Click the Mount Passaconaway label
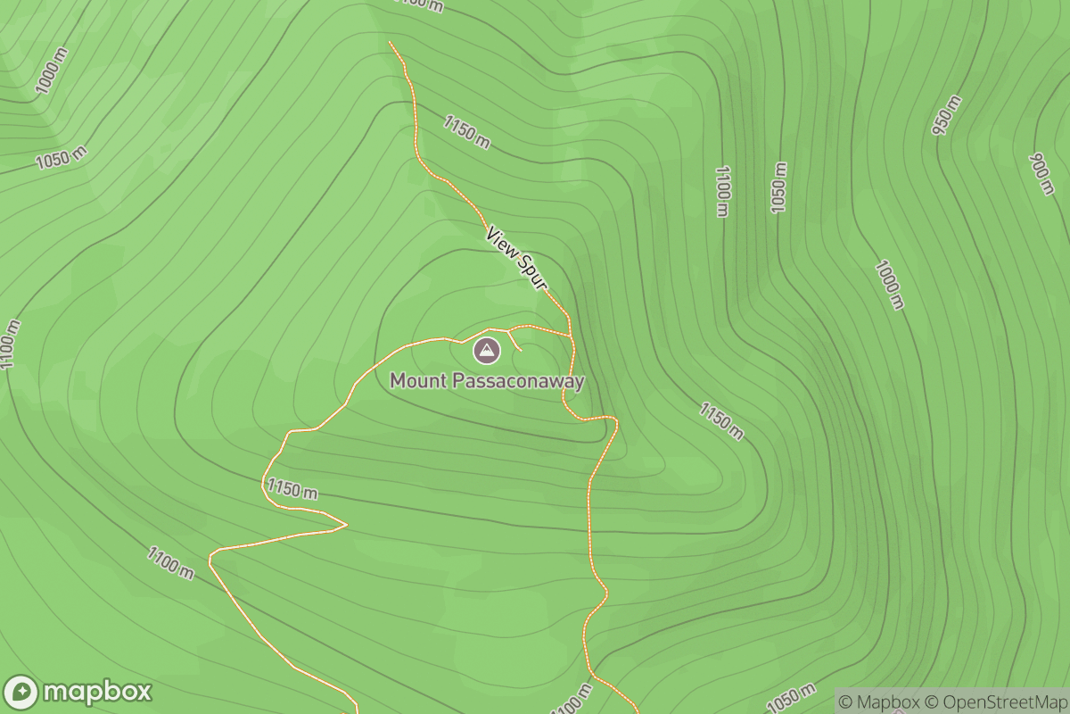(x=487, y=382)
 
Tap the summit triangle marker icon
(x=486, y=351)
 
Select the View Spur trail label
(x=516, y=257)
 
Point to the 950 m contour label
(x=947, y=114)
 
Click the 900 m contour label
(x=1041, y=174)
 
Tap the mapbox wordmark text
(x=96, y=692)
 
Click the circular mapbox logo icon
(x=21, y=693)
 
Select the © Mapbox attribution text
(x=878, y=702)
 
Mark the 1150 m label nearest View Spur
(x=465, y=131)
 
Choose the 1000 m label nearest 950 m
(x=890, y=284)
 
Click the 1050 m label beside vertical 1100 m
(x=779, y=187)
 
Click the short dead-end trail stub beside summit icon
(x=515, y=341)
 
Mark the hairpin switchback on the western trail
(x=342, y=524)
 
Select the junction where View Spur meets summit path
(x=570, y=336)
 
